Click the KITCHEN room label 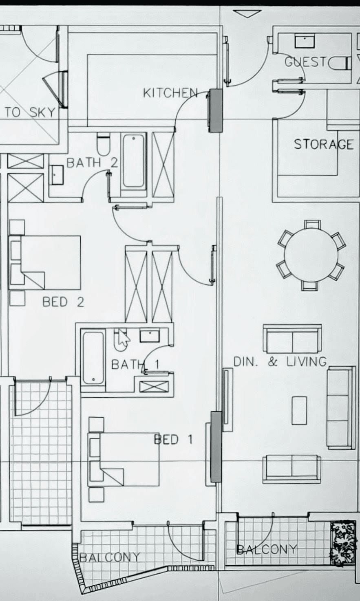pos(170,93)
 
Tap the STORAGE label pos(323,144)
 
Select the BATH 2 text pos(92,163)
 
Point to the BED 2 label pos(63,302)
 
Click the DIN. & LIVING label pos(280,361)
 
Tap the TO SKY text pos(30,112)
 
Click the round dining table pos(311,255)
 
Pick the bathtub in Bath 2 pos(134,161)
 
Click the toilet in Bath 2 pos(104,144)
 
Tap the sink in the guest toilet pos(305,41)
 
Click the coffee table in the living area pos(299,410)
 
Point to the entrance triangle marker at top pos(247,14)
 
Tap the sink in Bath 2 pos(57,175)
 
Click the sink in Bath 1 pos(150,336)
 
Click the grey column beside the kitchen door pos(216,110)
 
